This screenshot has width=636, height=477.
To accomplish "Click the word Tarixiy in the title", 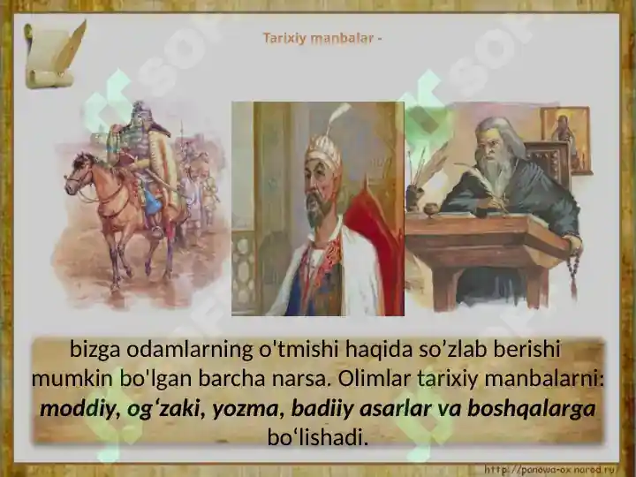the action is [x=284, y=38].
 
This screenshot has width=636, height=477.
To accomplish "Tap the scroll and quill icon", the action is [x=55, y=54].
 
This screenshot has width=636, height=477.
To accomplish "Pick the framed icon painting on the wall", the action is [x=565, y=140].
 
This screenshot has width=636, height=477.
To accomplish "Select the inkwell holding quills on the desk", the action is [x=414, y=194].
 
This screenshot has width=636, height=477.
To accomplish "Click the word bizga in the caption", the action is [x=95, y=350].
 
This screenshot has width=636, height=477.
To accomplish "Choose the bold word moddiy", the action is [x=77, y=410].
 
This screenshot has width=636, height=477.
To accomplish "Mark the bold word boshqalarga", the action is [x=532, y=410].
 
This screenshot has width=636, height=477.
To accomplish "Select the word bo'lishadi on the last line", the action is [x=318, y=437].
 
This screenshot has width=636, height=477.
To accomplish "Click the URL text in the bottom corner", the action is [x=551, y=470].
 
